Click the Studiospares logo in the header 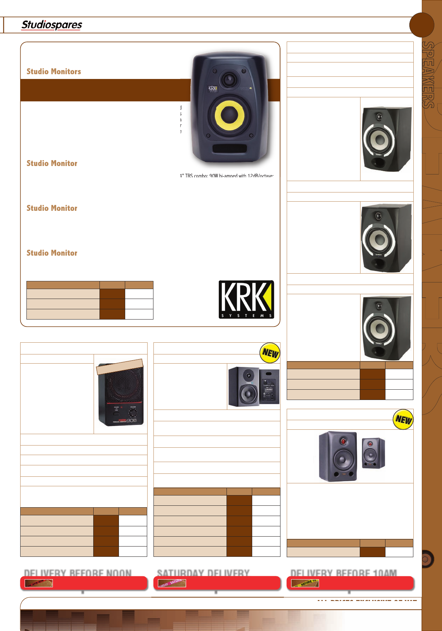52,25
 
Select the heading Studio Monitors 54,72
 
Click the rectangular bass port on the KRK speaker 229,149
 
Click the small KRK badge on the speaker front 213,89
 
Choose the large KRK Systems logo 246,299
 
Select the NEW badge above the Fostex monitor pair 270,353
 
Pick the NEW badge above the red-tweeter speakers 403,419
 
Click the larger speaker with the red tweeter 338,456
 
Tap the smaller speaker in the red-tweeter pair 373,453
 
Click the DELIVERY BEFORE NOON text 78,573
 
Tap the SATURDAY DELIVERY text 203,573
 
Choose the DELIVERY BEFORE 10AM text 344,573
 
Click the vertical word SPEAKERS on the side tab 428,75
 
